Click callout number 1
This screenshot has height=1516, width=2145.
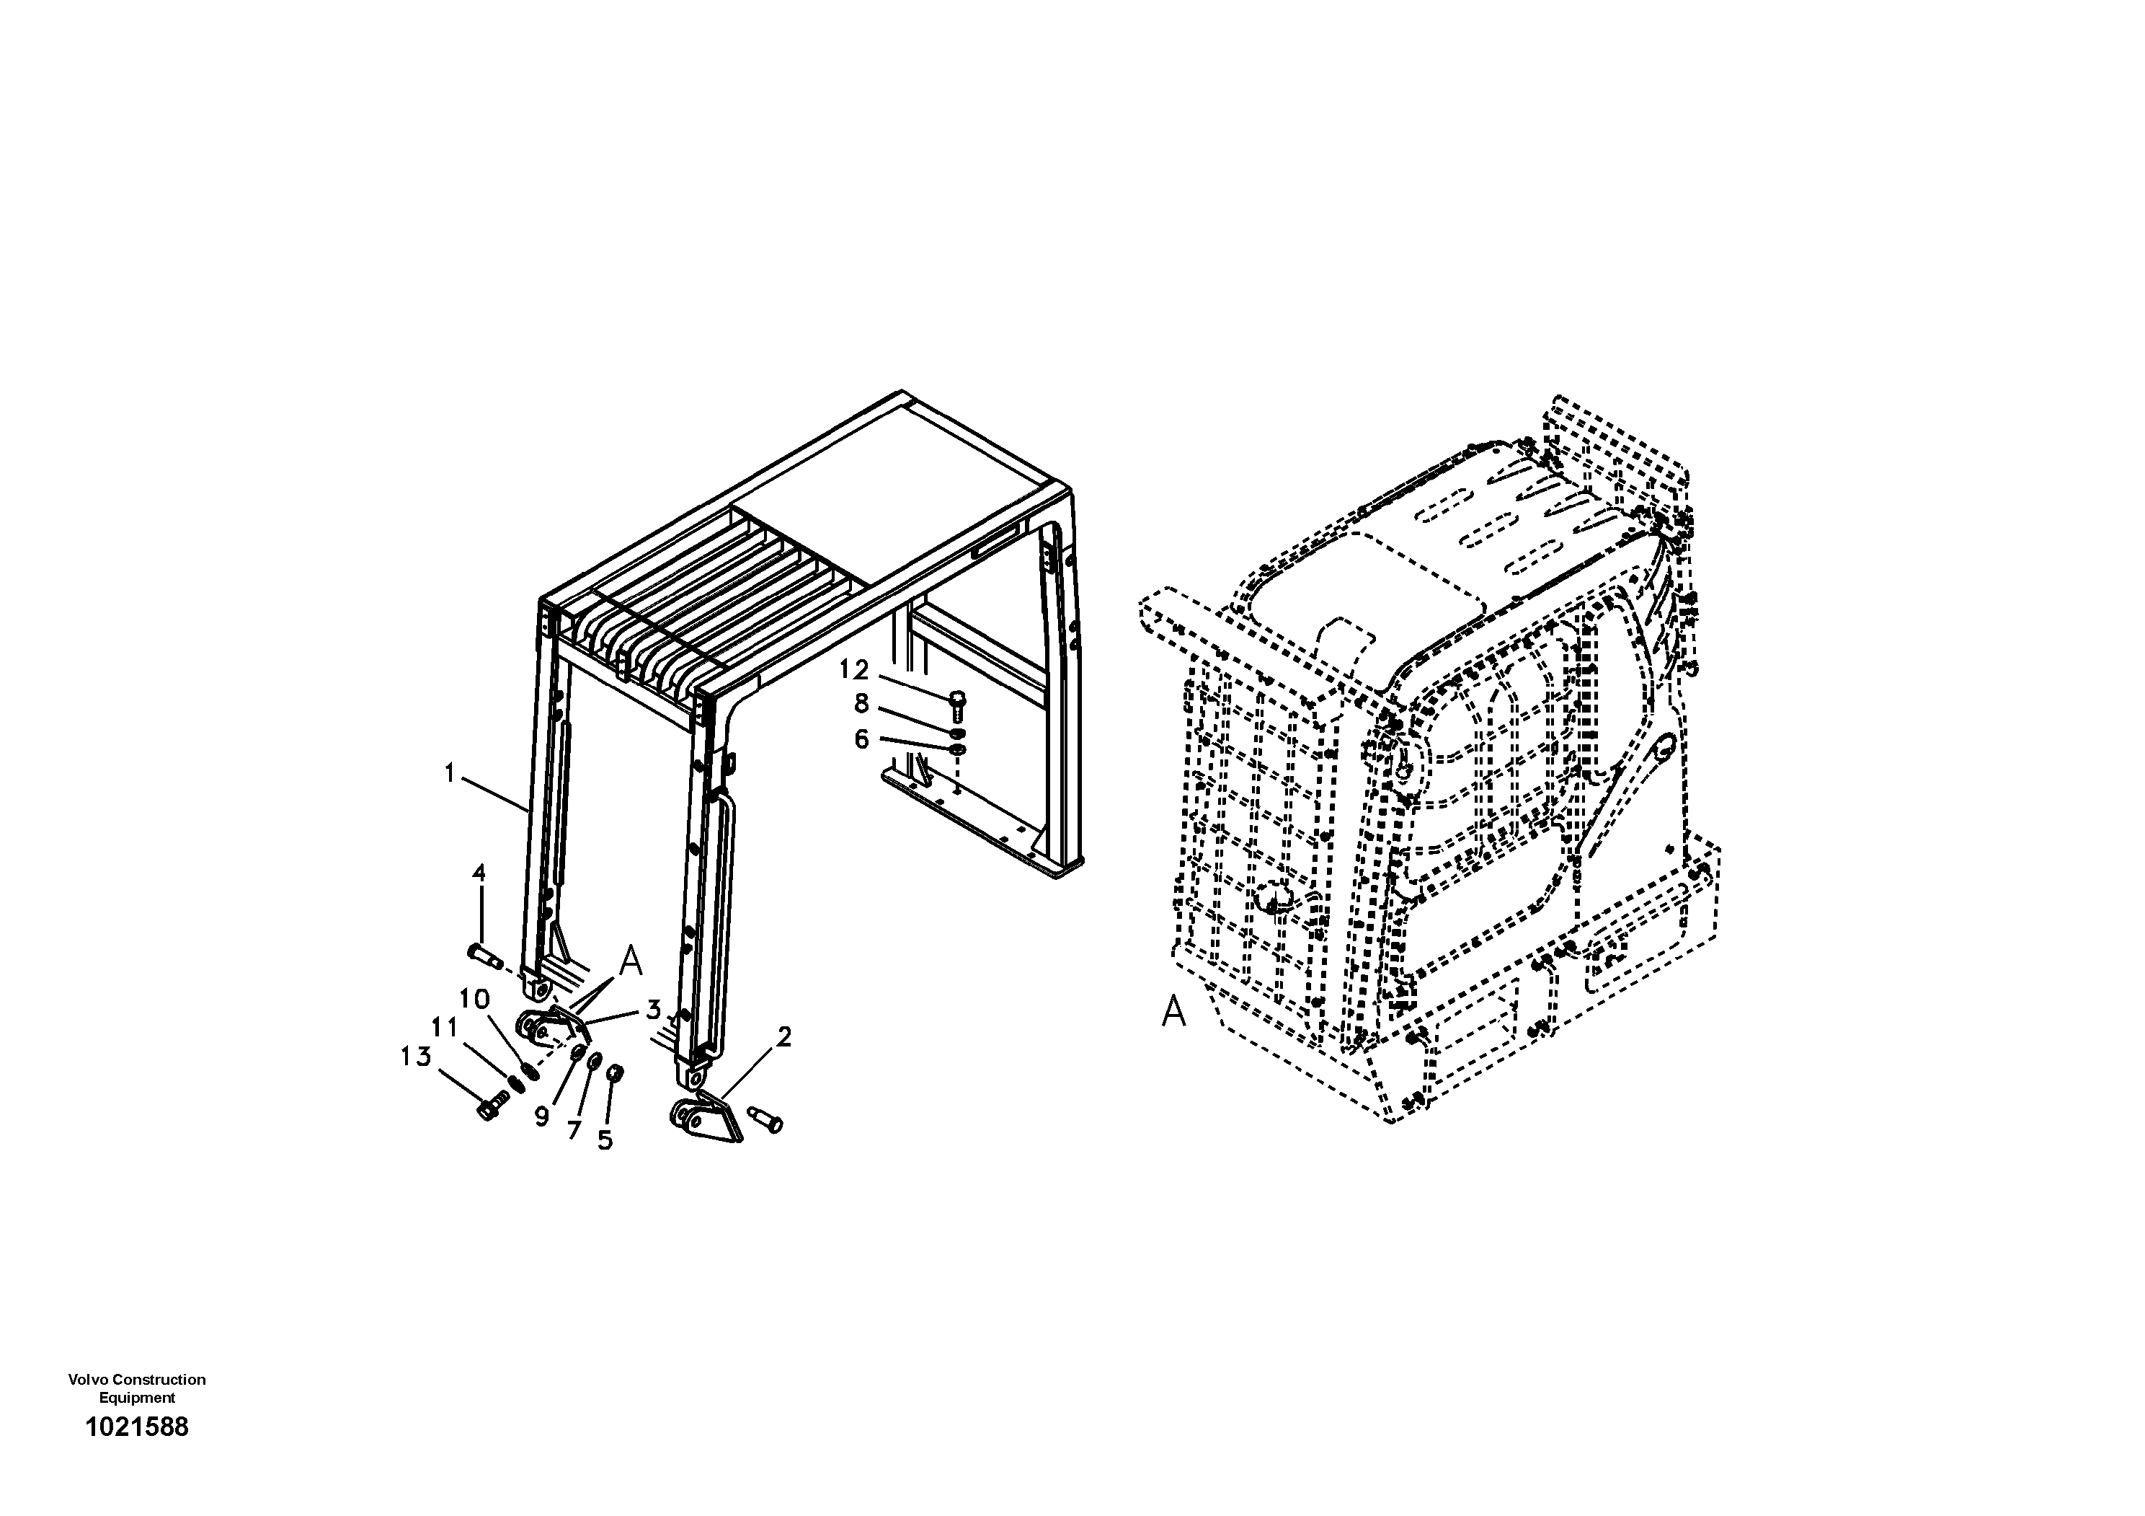[449, 773]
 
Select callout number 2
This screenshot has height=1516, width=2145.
[783, 1036]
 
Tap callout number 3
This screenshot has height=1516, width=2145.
[653, 1010]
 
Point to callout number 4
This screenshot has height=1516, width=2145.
[479, 874]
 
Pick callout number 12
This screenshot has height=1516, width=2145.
[854, 670]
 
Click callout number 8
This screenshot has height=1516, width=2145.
[861, 704]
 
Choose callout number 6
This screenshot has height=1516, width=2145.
[861, 739]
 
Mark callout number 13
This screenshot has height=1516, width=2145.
[416, 1057]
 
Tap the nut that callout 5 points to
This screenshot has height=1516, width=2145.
[615, 1072]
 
